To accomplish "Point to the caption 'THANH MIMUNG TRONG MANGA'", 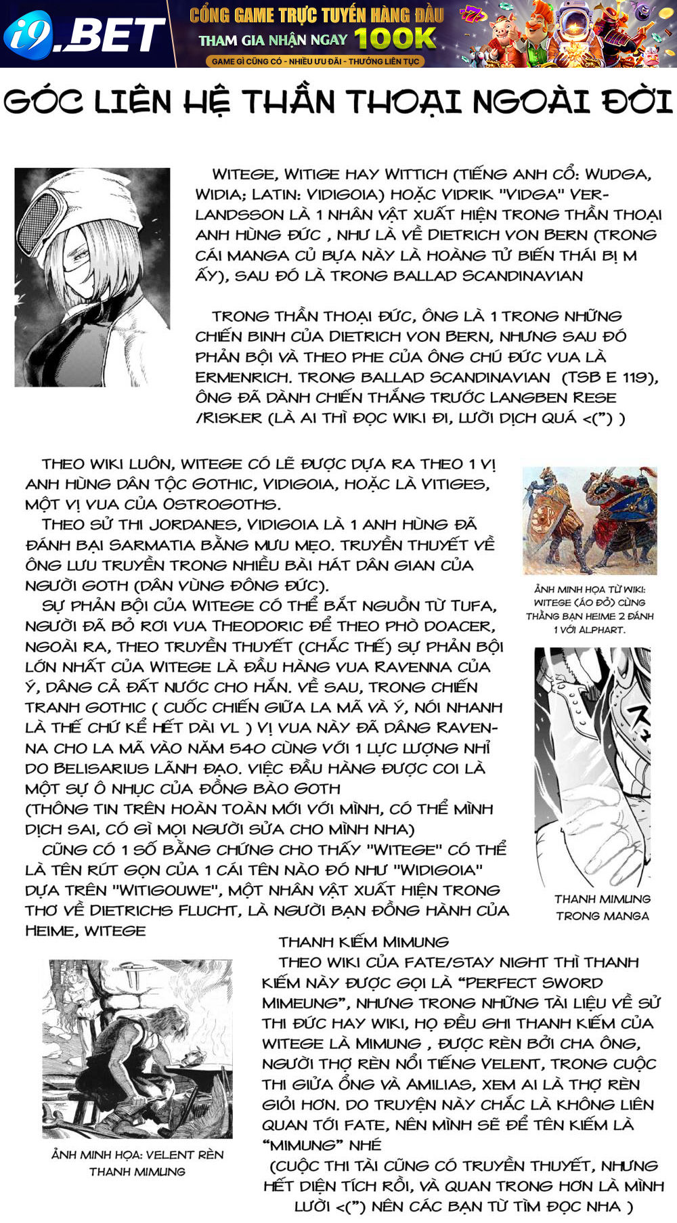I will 602,907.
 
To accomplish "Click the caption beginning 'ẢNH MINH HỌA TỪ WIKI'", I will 590,609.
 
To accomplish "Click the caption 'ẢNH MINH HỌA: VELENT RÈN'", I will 137,1163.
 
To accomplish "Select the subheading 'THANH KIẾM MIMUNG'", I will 364,942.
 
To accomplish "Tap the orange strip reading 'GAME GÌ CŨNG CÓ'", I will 315,61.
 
